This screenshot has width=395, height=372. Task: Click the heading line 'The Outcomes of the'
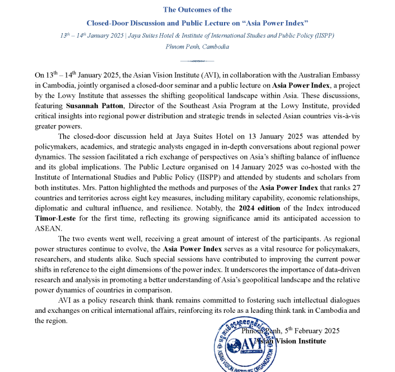(197, 10)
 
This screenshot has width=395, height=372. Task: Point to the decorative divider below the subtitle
(197, 60)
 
